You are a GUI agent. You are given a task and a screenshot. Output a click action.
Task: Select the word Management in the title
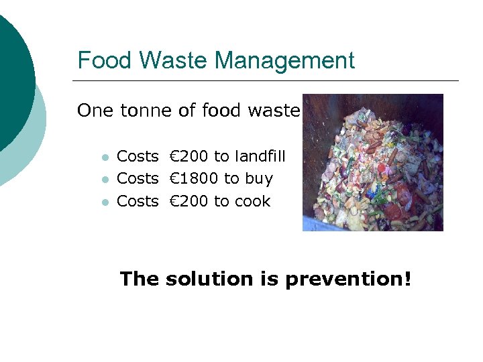click(x=284, y=61)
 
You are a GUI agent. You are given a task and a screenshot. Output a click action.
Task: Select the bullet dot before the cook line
click(x=105, y=202)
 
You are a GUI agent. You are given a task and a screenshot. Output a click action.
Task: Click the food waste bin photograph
click(x=372, y=162)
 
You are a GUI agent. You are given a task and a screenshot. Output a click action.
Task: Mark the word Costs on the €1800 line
click(x=138, y=179)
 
